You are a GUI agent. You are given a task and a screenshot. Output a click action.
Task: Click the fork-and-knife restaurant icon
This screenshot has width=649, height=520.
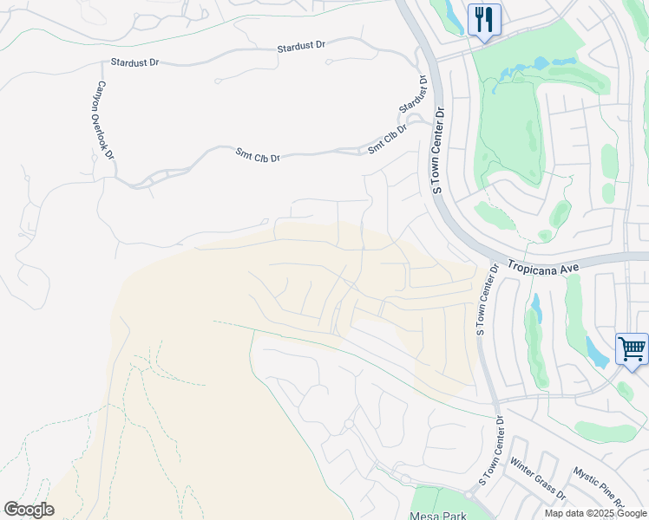point(484,19)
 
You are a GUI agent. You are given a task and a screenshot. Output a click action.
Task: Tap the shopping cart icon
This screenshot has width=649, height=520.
point(632,350)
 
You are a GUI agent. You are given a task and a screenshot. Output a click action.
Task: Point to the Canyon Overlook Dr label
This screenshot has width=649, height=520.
point(106,120)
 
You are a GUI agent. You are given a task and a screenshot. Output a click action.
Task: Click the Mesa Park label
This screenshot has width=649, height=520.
point(438,513)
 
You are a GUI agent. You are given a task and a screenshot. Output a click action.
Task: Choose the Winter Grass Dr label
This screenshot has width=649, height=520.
point(537,479)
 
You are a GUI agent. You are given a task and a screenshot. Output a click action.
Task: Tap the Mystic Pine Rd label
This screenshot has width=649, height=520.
point(600,487)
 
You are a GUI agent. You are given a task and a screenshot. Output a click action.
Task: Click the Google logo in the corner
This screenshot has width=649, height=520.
point(29,510)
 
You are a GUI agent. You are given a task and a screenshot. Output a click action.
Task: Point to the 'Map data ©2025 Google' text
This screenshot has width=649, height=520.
point(595,513)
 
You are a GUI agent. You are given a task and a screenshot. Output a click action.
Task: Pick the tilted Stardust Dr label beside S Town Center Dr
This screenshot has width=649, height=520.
point(415,95)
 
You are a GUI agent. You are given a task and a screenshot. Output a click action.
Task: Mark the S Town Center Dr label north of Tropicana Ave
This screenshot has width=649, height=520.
point(438,150)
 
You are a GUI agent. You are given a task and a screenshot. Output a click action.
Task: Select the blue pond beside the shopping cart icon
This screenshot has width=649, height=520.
point(596,352)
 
